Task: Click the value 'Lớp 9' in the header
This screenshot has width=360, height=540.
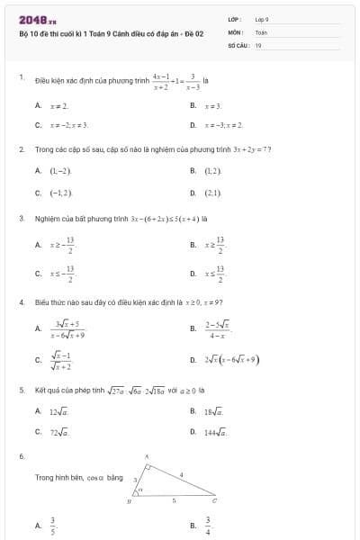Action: (x=262, y=19)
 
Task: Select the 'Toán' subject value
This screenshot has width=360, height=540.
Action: (x=261, y=31)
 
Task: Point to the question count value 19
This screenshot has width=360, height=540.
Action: (x=258, y=44)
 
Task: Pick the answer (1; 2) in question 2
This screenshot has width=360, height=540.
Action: (x=212, y=170)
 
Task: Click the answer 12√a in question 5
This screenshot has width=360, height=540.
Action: (x=59, y=411)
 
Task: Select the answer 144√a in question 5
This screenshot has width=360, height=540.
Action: (x=215, y=432)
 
